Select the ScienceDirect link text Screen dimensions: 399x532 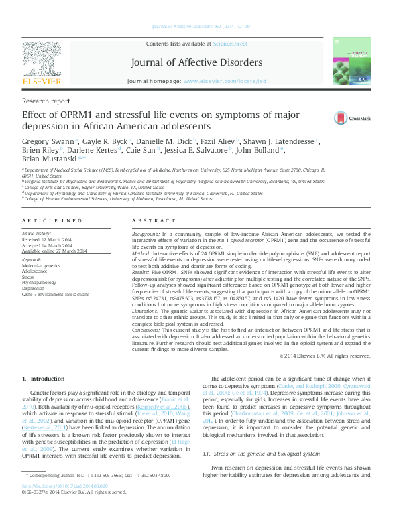click(x=229, y=44)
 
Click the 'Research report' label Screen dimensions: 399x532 click(x=46, y=101)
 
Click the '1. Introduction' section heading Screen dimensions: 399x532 click(x=48, y=379)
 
